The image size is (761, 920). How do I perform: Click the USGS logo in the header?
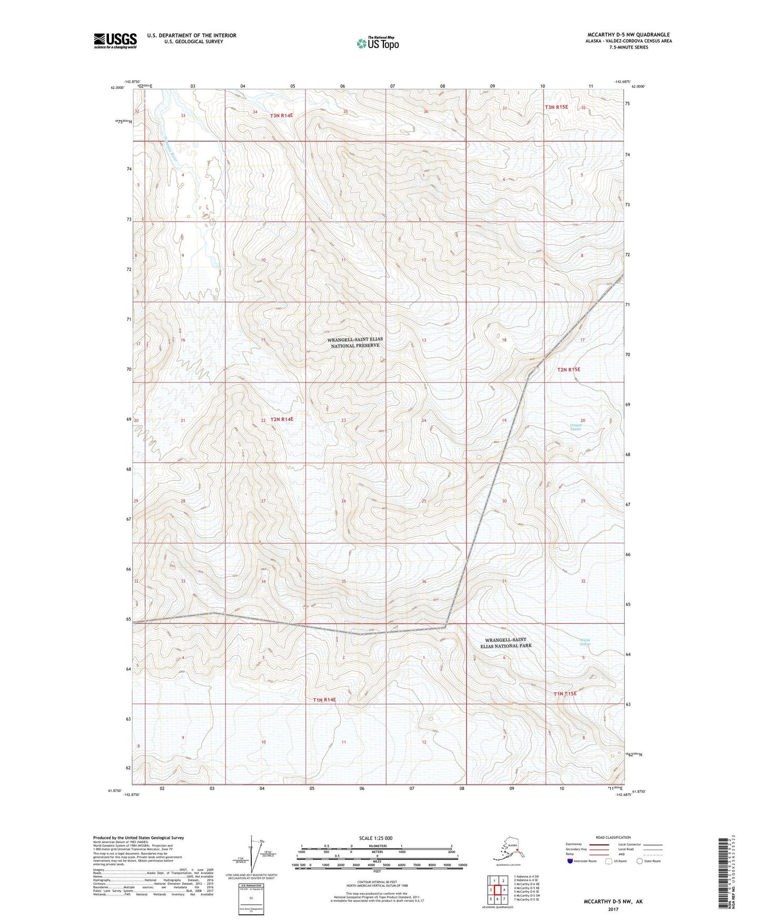115,41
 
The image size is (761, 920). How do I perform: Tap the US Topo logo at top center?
377,43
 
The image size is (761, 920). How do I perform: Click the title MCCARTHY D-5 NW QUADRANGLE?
628,35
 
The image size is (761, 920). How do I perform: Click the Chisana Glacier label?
576,427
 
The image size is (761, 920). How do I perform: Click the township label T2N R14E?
282,419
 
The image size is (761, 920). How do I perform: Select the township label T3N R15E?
556,107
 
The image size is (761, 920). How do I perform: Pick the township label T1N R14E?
324,700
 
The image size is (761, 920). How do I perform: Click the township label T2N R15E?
568,369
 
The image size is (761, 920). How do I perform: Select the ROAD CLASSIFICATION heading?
612,837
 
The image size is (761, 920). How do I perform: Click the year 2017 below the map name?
612,909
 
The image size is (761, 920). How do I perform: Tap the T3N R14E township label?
282,115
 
